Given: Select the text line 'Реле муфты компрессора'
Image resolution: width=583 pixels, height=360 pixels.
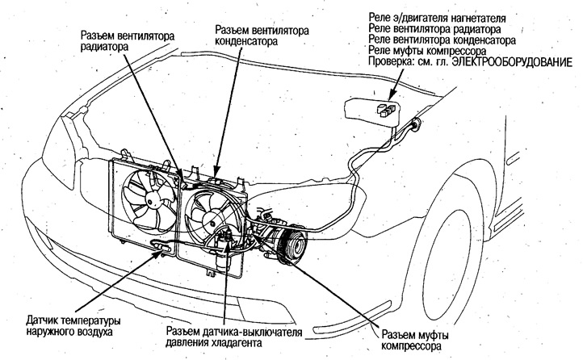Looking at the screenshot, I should pyautogui.click(x=419, y=50).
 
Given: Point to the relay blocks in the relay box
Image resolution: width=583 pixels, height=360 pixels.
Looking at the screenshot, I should pyautogui.click(x=386, y=109).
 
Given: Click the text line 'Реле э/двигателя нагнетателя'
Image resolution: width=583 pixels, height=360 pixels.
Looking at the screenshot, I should pyautogui.click(x=437, y=16).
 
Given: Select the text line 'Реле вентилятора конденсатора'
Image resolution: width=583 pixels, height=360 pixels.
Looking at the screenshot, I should pyautogui.click(x=437, y=39).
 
